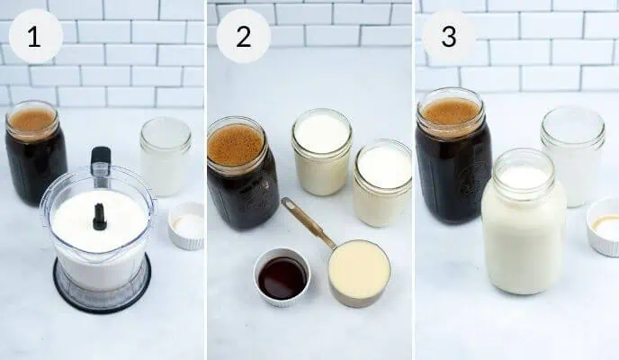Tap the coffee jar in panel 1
[x=35, y=157]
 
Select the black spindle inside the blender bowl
[x=99, y=216]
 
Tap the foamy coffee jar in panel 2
[x=236, y=175]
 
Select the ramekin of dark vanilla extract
[x=282, y=276]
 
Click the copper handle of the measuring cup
[x=305, y=221]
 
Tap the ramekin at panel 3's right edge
[x=604, y=227]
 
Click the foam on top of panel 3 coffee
[x=451, y=111]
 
